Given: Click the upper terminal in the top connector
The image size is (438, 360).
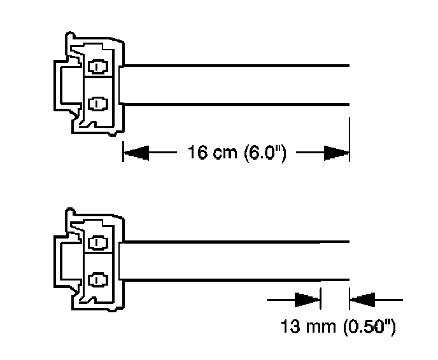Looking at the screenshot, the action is (x=97, y=66).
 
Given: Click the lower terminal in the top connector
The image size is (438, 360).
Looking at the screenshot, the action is (x=97, y=103).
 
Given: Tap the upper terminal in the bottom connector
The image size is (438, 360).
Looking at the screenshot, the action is (x=97, y=242).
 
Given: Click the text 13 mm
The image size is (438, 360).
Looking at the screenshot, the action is (x=306, y=328).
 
